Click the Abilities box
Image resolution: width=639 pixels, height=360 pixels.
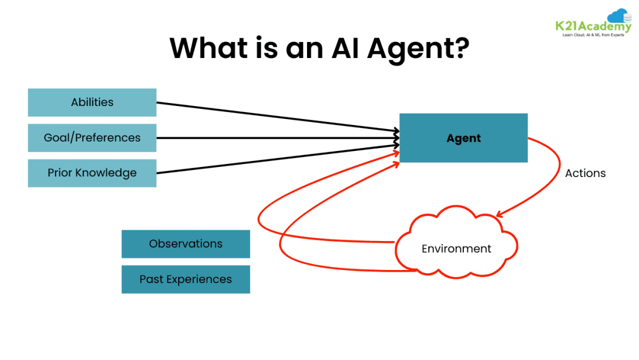[92, 102]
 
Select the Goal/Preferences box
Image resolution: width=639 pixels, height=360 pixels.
[92, 138]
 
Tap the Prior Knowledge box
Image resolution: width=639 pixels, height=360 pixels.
[92, 173]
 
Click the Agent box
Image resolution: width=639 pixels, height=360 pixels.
[463, 138]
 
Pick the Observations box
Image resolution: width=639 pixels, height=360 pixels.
[185, 244]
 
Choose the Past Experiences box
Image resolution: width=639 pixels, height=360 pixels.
[185, 279]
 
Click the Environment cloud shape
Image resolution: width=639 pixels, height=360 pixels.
[456, 249]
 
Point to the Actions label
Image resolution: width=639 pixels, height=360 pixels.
[585, 173]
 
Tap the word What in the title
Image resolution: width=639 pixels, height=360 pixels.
[210, 47]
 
